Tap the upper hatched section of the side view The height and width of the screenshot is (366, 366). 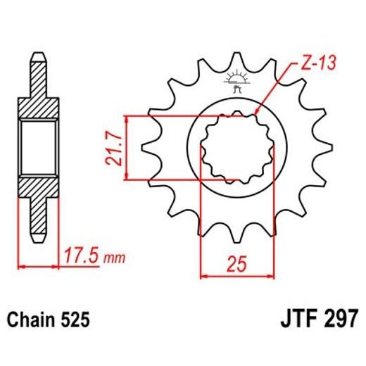pyautogui.click(x=38, y=99)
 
